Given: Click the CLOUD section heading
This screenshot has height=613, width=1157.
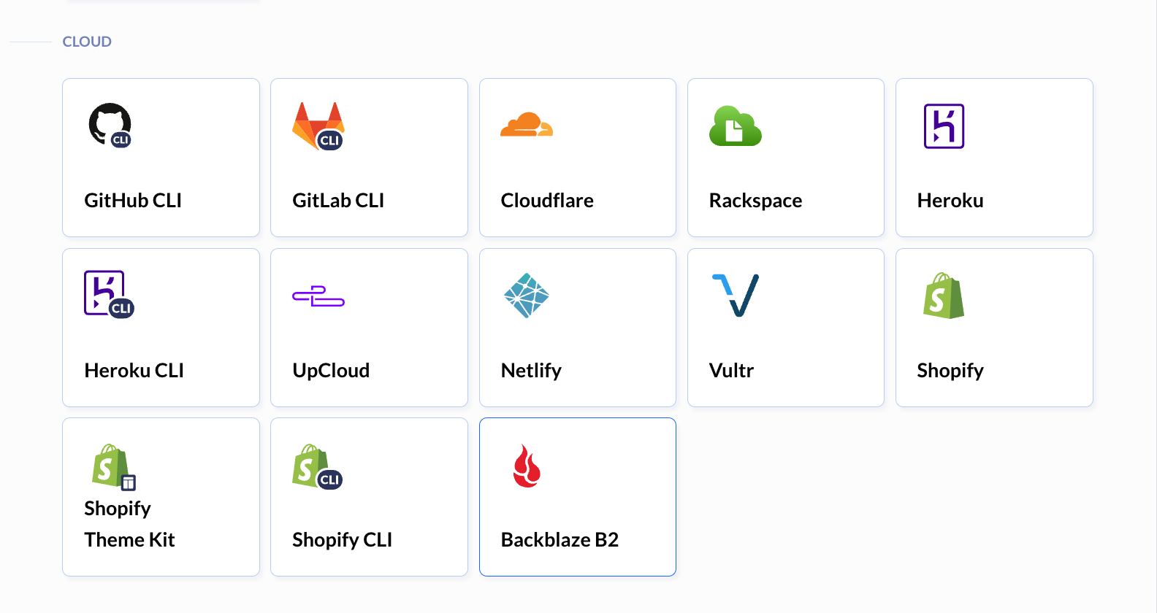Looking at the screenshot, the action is tap(87, 42).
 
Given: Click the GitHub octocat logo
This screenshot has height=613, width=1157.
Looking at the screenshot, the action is tap(107, 123).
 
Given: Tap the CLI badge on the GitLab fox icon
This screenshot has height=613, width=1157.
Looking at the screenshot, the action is tap(330, 140).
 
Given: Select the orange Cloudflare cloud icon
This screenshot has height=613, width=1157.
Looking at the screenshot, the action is tap(527, 124).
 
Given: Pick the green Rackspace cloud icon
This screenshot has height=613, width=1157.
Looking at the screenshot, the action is tap(735, 126).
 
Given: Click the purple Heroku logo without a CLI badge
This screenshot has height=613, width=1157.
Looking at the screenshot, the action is tap(944, 126).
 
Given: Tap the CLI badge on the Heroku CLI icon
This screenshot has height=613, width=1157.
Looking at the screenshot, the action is tap(121, 308).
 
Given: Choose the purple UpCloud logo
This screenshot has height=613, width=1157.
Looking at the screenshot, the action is tap(318, 296).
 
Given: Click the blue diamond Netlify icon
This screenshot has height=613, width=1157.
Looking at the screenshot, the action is tap(527, 295).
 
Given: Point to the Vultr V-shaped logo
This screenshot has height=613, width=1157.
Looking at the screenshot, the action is tap(736, 295).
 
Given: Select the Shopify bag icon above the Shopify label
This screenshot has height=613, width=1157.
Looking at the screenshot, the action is tap(944, 296).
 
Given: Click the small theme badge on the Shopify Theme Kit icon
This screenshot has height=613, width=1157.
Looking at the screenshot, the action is tap(128, 482).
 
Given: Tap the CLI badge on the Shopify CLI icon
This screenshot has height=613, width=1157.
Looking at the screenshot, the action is tap(329, 479).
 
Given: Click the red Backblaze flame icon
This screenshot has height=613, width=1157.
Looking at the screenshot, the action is tap(527, 466).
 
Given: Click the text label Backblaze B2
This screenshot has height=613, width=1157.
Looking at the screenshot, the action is tap(560, 540).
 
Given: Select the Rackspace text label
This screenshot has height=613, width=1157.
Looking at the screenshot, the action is tap(755, 200).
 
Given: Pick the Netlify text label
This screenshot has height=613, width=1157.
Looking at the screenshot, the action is tap(531, 371).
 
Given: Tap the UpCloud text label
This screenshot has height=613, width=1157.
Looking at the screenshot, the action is tap(331, 371).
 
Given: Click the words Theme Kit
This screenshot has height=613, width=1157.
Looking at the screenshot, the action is tap(129, 540).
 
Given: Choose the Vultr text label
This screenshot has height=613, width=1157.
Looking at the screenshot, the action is tap(731, 371).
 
